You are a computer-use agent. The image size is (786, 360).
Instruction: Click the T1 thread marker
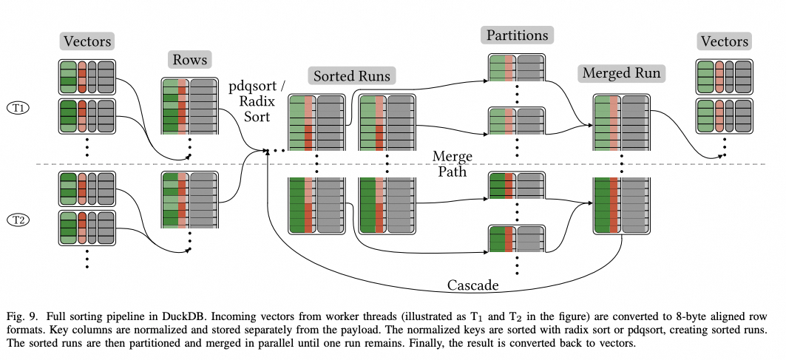pos(20,108)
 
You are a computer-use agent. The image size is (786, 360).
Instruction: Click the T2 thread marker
pos(20,220)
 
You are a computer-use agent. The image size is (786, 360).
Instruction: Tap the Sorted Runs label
pos(352,75)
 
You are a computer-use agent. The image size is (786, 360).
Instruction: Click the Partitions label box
pos(517,35)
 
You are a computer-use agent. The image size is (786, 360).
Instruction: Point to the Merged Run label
pos(621,73)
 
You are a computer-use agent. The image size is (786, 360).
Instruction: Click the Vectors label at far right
pos(725,41)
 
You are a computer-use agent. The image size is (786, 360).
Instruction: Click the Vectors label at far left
pos(87,41)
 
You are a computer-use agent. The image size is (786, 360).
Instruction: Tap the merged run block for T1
pos(621,123)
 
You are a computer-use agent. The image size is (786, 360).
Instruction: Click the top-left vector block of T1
pos(87,77)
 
